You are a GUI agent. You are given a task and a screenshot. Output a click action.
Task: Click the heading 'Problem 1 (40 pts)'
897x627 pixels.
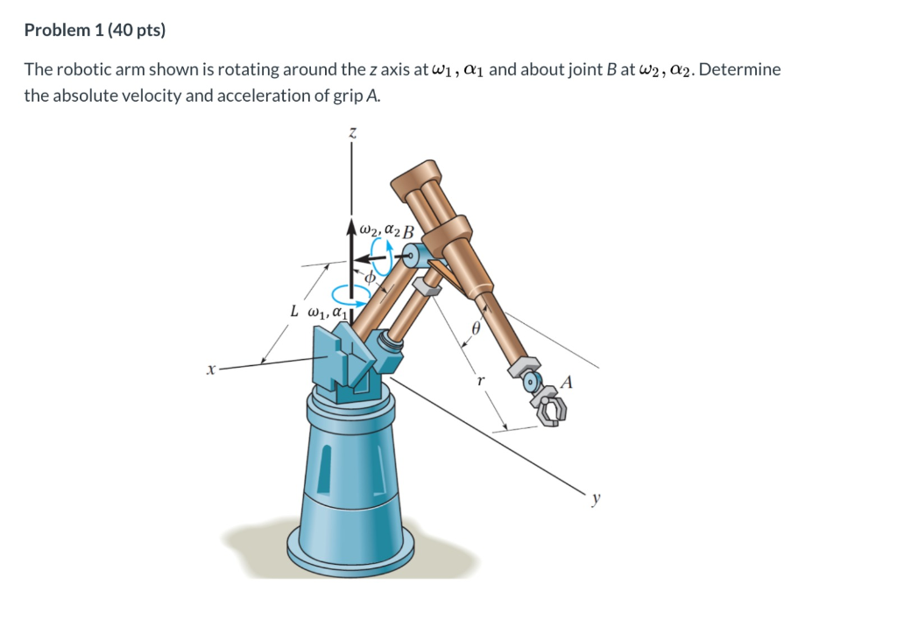pyautogui.click(x=95, y=31)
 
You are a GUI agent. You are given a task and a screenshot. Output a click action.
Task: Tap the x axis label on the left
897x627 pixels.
pyautogui.click(x=209, y=371)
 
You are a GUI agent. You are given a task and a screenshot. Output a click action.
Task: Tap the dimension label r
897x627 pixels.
pyautogui.click(x=479, y=381)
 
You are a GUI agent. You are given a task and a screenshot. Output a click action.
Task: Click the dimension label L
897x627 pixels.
pyautogui.click(x=296, y=310)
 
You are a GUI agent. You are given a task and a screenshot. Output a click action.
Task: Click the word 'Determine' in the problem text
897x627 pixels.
pyautogui.click(x=739, y=70)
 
